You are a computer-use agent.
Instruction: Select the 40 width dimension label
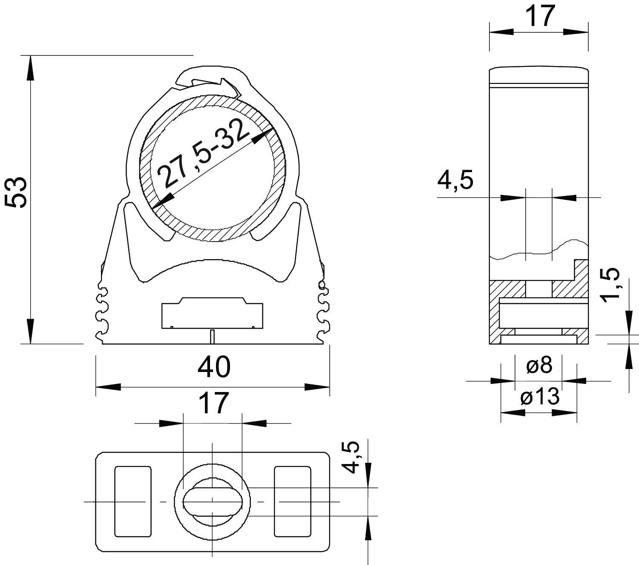[214, 367]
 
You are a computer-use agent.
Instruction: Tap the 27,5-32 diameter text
[202, 154]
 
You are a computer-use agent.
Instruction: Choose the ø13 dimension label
[539, 397]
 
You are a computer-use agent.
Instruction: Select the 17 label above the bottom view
[214, 403]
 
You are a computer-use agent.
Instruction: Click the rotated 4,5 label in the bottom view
[351, 458]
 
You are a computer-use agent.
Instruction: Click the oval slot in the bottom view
[213, 501]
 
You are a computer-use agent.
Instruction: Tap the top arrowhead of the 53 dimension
[31, 68]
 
